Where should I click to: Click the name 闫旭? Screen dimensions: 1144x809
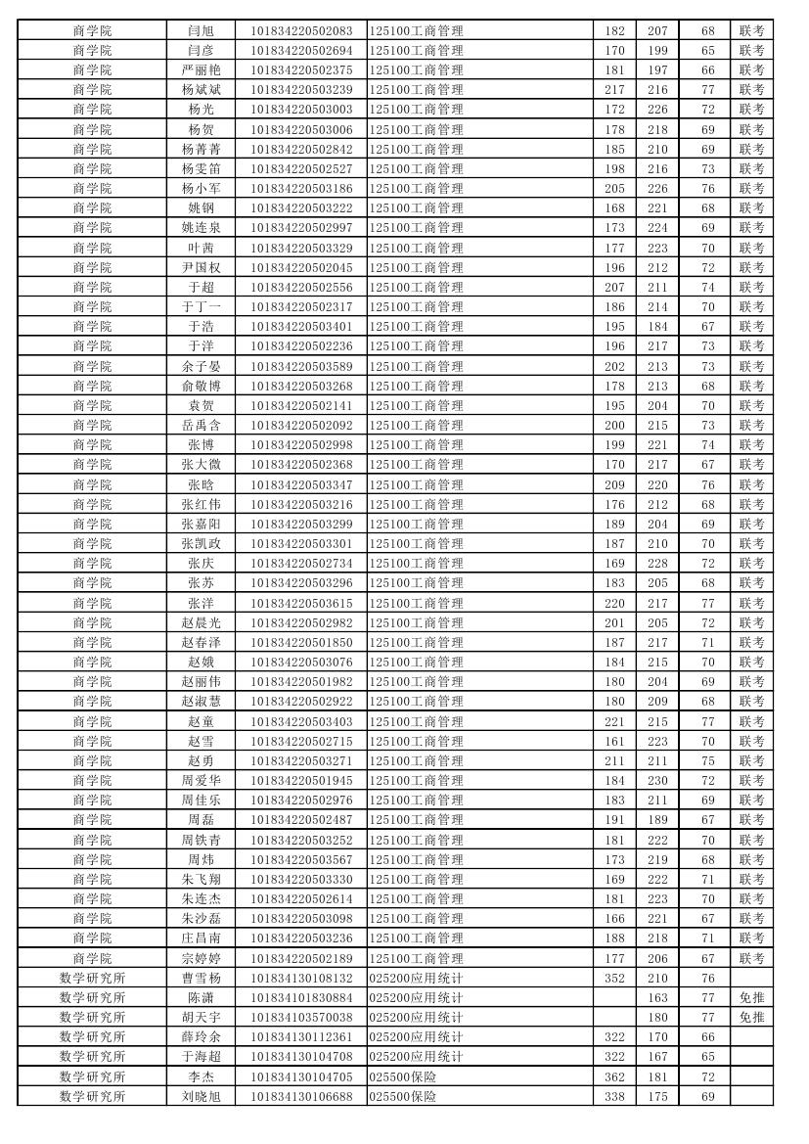[201, 30]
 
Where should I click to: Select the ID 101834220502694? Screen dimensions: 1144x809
[301, 50]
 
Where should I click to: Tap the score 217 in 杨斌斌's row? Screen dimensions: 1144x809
[614, 90]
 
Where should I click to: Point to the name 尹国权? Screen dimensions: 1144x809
[201, 267]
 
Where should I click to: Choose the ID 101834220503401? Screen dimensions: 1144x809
[301, 327]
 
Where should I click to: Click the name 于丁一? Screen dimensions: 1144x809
[201, 307]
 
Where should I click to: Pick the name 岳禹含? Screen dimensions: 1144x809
[201, 426]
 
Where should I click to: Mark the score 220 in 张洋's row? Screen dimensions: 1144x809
[614, 603]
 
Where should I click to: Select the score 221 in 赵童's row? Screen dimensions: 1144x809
[614, 721]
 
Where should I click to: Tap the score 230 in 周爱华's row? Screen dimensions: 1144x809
[657, 781]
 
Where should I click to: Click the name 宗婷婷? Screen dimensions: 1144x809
[201, 958]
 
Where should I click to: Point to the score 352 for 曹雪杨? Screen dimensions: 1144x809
[614, 978]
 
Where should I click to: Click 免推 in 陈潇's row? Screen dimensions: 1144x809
[751, 997]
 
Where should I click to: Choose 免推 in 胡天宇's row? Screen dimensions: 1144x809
[751, 1018]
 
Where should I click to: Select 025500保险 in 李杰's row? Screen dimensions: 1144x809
[402, 1076]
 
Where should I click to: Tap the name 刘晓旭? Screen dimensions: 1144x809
[201, 1096]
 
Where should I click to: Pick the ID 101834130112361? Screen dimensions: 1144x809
[301, 1037]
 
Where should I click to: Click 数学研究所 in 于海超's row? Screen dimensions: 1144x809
[92, 1057]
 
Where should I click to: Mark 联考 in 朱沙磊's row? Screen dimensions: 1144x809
[751, 919]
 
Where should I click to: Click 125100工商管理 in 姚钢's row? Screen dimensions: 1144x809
[416, 208]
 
